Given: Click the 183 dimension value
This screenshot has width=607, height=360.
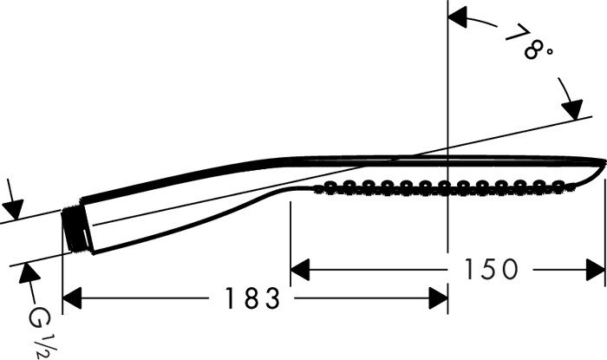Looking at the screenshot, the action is pyautogui.click(x=252, y=298).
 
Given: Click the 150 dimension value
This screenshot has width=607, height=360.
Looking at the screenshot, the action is pyautogui.click(x=491, y=269).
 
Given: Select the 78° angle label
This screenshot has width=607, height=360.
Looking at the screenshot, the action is pyautogui.click(x=529, y=42).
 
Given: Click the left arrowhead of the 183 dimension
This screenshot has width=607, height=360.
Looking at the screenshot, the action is pyautogui.click(x=72, y=298).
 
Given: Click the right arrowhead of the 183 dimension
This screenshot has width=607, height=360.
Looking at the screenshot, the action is pyautogui.click(x=438, y=298).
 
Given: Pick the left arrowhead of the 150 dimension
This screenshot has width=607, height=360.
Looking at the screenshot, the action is pyautogui.click(x=300, y=270).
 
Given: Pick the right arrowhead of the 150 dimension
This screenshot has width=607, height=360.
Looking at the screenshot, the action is pyautogui.click(x=596, y=270).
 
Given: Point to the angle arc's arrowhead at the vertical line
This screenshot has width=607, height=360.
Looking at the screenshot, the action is pyautogui.click(x=457, y=18).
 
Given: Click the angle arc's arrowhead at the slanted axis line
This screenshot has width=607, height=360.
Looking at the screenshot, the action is pyautogui.click(x=573, y=109).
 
